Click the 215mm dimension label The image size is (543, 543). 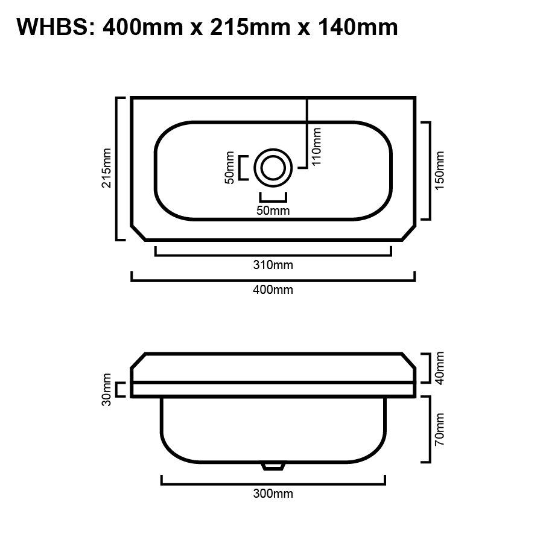[x=107, y=168]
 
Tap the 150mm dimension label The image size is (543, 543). [x=439, y=170]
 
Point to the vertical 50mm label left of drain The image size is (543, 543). [x=230, y=168]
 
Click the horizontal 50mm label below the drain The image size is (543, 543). [x=273, y=211]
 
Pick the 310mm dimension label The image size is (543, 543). [x=273, y=265]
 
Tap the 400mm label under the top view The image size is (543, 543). [x=273, y=290]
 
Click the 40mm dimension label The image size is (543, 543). [x=439, y=367]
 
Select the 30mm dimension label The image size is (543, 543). [x=107, y=390]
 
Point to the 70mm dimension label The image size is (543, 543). [x=439, y=429]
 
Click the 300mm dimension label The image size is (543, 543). [x=273, y=494]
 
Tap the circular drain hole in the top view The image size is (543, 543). [x=273, y=168]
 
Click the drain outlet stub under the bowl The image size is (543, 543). [x=273, y=465]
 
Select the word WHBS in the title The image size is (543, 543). [x=51, y=27]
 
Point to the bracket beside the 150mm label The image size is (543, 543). [x=428, y=170]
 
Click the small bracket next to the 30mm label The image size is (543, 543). [x=120, y=390]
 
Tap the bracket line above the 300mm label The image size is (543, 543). [x=273, y=483]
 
